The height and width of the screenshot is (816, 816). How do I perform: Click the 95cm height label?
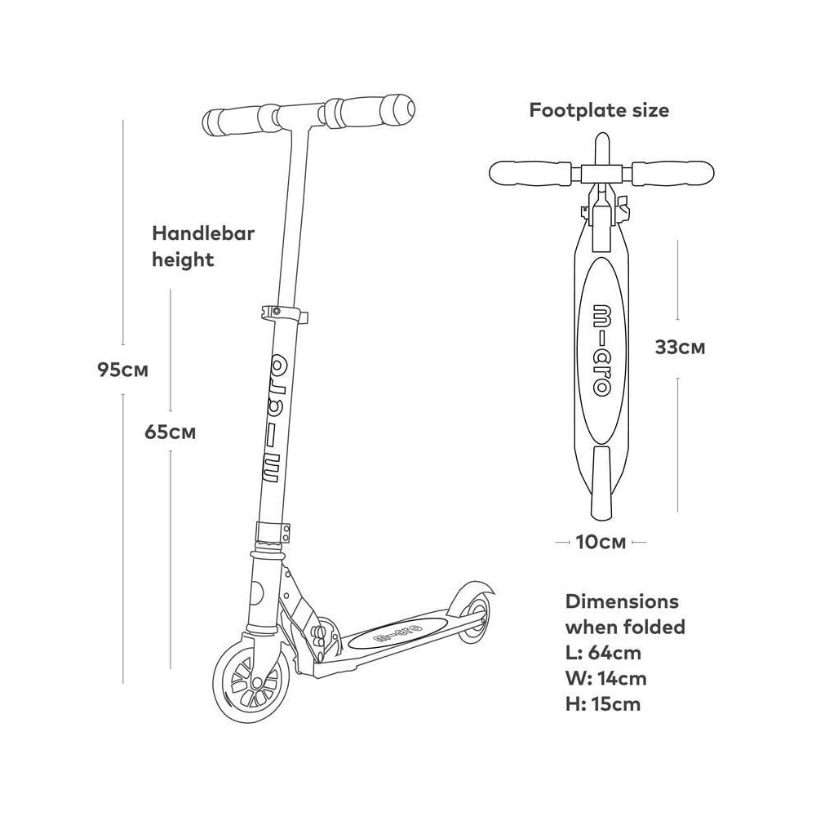[x=123, y=370]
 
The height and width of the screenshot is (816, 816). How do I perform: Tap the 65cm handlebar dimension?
[x=171, y=432]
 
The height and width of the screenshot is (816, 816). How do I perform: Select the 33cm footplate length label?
[x=680, y=347]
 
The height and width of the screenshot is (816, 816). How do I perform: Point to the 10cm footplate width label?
[x=601, y=543]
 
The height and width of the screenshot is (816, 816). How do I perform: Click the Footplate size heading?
[x=599, y=110]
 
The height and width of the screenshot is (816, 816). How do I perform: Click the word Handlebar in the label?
[x=203, y=233]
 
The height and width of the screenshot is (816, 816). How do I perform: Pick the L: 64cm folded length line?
[x=603, y=653]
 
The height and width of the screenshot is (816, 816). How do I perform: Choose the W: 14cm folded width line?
[x=605, y=678]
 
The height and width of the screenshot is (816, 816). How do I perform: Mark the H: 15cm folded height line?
[x=603, y=704]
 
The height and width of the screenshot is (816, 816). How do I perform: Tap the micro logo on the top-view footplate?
[x=601, y=350]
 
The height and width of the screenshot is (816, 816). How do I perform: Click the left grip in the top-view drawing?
[x=531, y=173]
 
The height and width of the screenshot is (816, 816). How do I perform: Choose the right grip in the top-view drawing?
[x=673, y=173]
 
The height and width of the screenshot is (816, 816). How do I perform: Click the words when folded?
[x=625, y=627]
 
